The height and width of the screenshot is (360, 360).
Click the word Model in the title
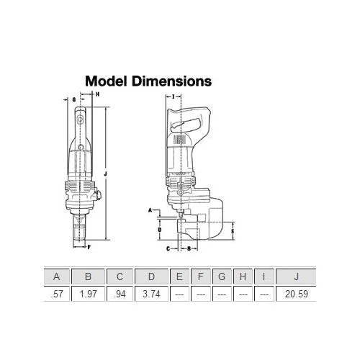(106, 81)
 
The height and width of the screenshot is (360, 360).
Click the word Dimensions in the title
(172, 81)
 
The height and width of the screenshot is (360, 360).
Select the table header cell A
(57, 276)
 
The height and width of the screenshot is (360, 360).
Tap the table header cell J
(297, 276)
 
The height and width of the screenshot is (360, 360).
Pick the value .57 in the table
(57, 294)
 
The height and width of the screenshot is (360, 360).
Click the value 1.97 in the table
(89, 294)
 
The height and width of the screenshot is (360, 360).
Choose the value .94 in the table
(120, 294)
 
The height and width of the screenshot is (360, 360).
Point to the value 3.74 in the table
(151, 294)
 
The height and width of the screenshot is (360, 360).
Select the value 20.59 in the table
(297, 294)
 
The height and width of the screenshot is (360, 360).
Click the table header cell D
(151, 276)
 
